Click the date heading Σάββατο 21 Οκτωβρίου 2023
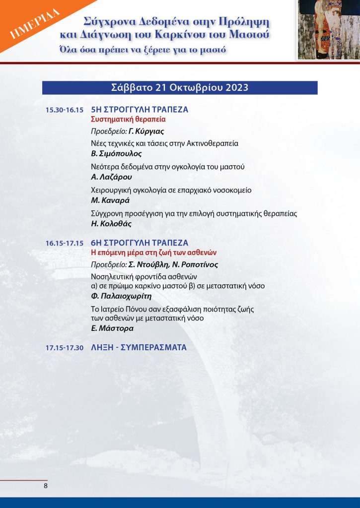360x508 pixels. click(x=180, y=88)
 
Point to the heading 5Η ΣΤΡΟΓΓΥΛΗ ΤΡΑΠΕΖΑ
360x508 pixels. click(x=140, y=110)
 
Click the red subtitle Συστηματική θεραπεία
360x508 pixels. click(x=128, y=120)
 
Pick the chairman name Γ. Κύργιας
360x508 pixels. click(x=146, y=131)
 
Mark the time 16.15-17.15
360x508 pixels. click(x=64, y=244)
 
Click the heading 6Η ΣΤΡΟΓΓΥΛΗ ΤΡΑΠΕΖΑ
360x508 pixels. click(x=140, y=243)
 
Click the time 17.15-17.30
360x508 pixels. click(x=64, y=348)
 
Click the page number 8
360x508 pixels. click(x=46, y=486)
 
